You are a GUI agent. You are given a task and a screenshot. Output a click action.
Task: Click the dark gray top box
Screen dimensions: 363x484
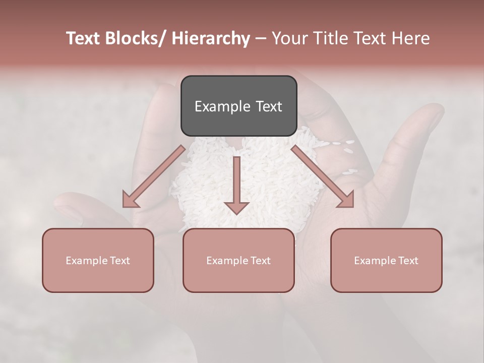[238, 106]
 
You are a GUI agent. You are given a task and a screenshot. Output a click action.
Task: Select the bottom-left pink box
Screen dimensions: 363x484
[98, 260]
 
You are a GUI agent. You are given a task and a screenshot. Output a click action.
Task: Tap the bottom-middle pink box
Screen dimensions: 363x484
[238, 260]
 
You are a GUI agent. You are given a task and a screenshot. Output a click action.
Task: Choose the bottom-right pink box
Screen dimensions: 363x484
[386, 260]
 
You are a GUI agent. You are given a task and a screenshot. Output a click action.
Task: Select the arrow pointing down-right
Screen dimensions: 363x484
[323, 176]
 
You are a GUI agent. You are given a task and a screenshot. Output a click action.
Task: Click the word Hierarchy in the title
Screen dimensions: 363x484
[210, 38]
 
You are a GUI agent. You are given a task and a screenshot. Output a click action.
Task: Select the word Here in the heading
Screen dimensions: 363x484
[410, 38]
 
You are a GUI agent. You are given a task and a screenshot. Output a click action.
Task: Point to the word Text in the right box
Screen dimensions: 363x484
[408, 261]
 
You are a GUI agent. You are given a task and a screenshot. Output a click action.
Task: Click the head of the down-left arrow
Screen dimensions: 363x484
[130, 200]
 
